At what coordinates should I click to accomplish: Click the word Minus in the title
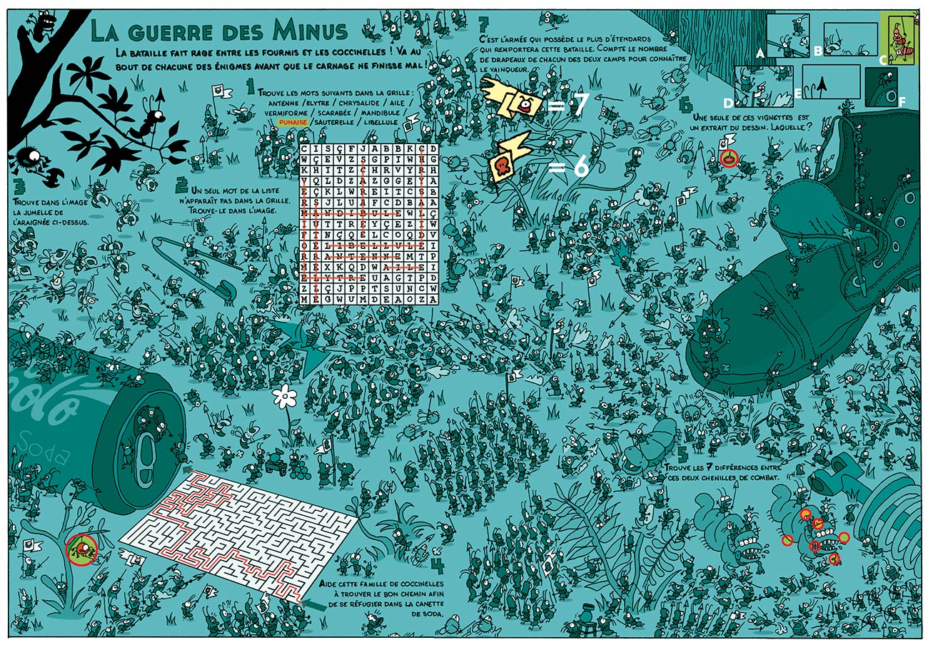(308, 31)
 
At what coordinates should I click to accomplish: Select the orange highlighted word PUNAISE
(293, 122)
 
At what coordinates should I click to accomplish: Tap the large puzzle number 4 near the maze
(438, 566)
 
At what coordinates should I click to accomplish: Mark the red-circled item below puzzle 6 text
(728, 158)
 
